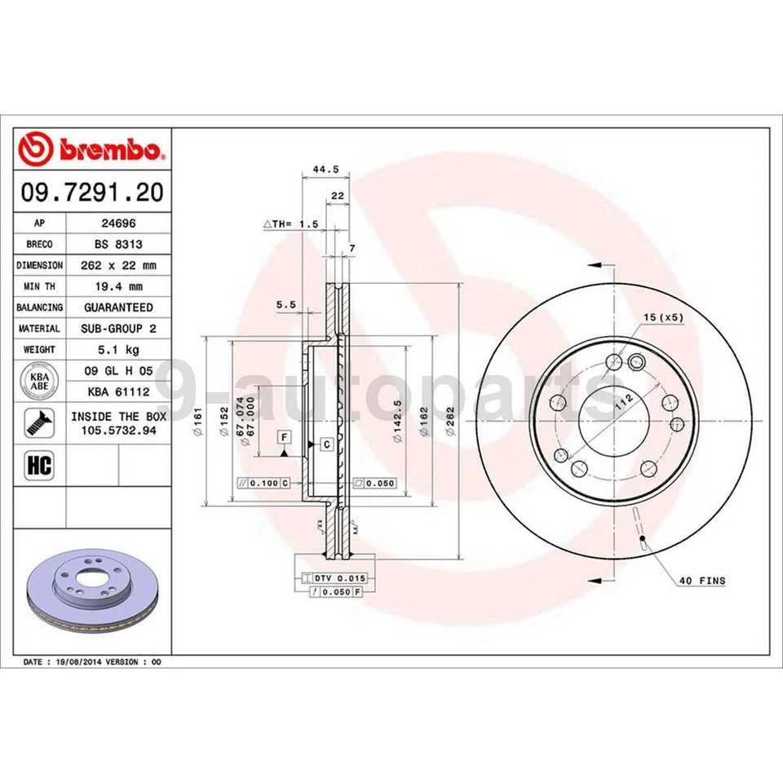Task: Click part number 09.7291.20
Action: pos(91,192)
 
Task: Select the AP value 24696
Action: pos(118,222)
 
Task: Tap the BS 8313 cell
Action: pos(118,243)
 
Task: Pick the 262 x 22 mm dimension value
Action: pos(118,265)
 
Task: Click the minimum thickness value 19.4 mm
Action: pos(118,286)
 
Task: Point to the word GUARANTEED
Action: pos(118,307)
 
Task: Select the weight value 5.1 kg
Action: pos(118,349)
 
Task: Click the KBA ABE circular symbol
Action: pos(38,381)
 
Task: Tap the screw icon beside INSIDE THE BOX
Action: pos(39,422)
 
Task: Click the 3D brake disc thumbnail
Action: pos(91,594)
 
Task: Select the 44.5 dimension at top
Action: pos(325,170)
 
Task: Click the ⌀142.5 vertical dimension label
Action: pos(397,421)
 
